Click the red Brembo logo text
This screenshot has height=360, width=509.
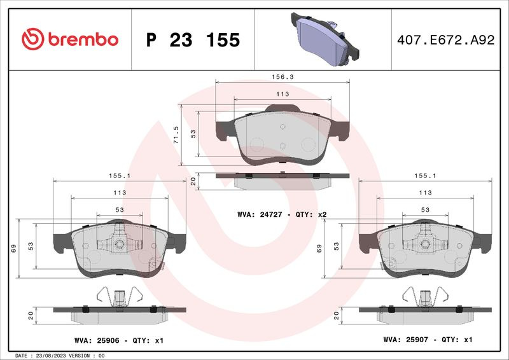point(83,39)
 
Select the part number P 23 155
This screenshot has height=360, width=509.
point(193,40)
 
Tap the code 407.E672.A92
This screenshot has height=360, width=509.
point(446,40)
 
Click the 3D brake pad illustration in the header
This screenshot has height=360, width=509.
point(325,39)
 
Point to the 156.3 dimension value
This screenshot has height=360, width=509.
point(282,76)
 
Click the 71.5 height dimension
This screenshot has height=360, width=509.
point(176,135)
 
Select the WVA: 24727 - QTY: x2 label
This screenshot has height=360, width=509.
point(282,214)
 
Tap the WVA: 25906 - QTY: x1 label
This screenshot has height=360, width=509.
point(119,340)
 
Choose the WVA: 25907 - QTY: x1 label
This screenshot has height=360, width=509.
point(428,340)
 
